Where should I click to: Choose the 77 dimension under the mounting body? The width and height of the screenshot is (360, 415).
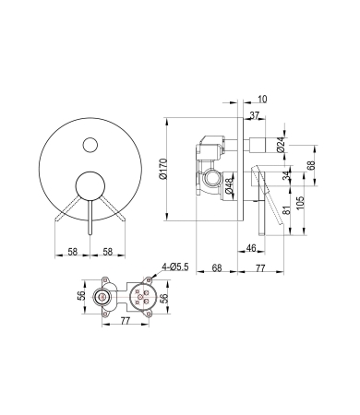[122, 322]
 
